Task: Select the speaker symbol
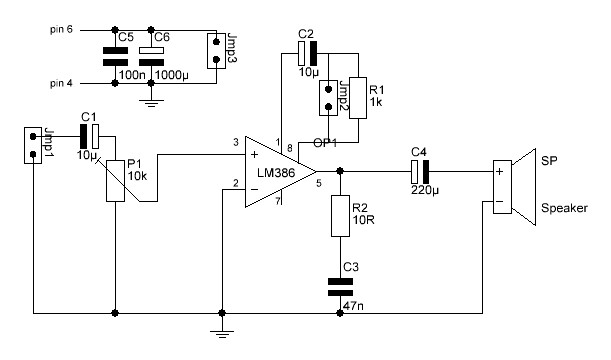click(511, 187)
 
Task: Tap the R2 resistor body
click(341, 212)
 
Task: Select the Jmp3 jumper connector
click(214, 52)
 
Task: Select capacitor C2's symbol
click(306, 51)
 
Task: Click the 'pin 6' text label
click(62, 31)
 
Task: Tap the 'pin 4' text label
click(62, 83)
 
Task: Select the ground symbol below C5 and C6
click(151, 100)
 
